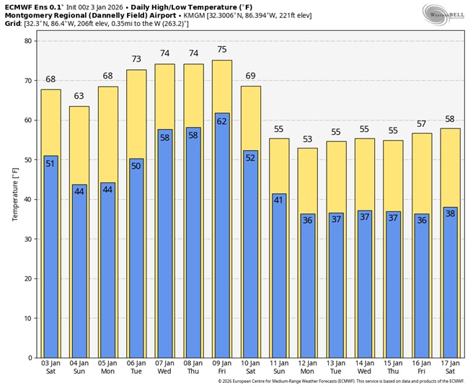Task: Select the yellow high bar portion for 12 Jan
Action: pyautogui.click(x=307, y=180)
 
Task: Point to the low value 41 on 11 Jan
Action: pyautogui.click(x=278, y=200)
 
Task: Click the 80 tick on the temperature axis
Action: pyautogui.click(x=29, y=41)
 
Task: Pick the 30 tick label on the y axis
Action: pyautogui.click(x=29, y=239)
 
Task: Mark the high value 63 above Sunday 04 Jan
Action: pyautogui.click(x=79, y=97)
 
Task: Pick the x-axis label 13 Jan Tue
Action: pyautogui.click(x=336, y=369)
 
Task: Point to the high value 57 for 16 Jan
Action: pyautogui.click(x=422, y=124)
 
